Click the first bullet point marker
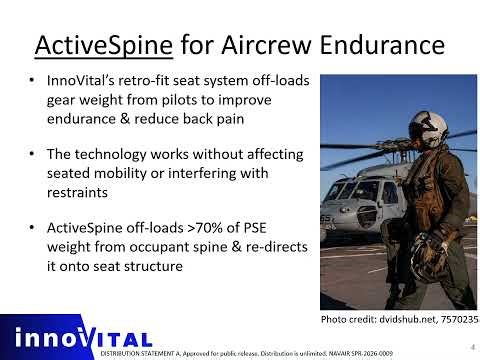35,79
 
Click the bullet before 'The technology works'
35,157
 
